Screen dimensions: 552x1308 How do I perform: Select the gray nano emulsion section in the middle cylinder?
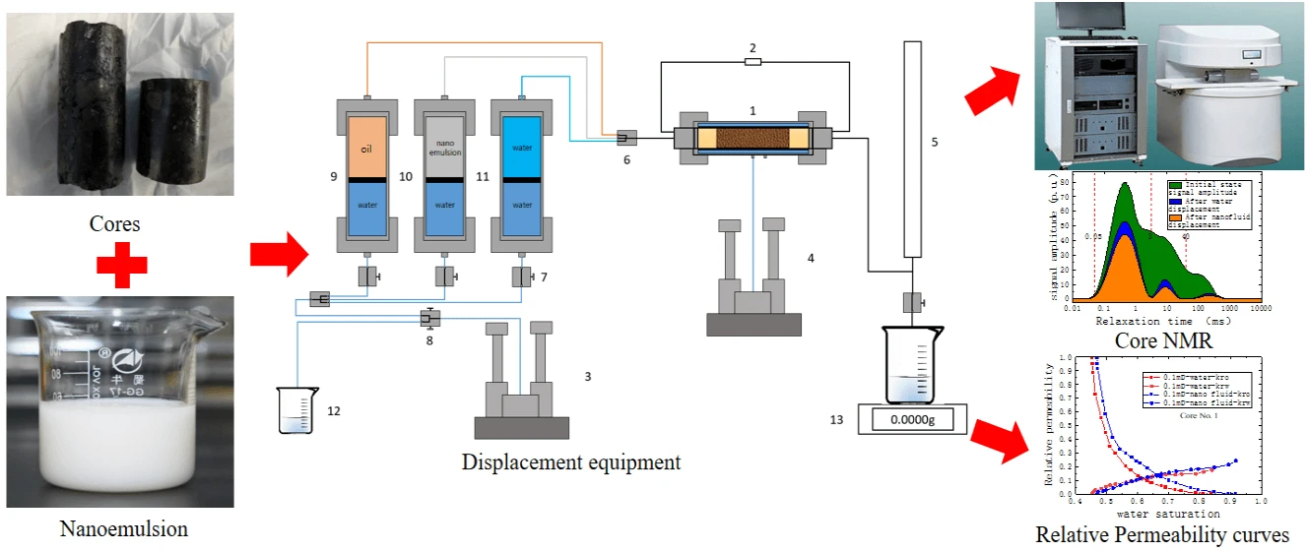(445, 148)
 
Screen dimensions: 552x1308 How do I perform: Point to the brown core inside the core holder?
(752, 138)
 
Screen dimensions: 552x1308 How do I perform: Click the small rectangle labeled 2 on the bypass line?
(752, 62)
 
